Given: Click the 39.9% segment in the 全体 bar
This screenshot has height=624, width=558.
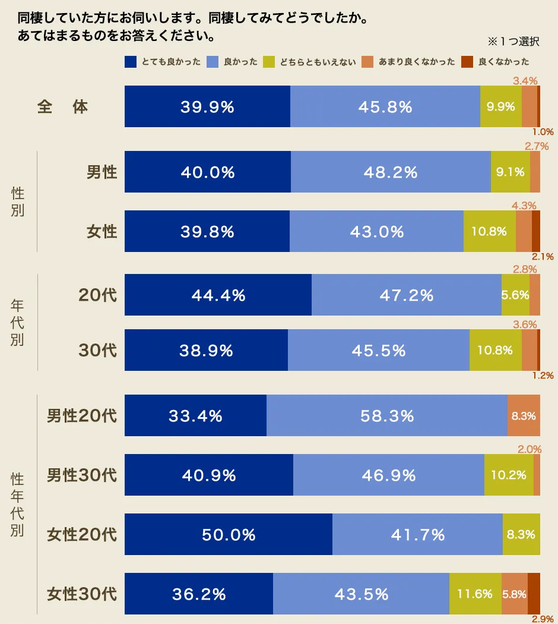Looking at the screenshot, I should [207, 107].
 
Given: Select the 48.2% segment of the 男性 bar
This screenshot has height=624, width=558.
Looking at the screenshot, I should [391, 172].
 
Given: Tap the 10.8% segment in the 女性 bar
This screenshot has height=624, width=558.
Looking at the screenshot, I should [489, 231].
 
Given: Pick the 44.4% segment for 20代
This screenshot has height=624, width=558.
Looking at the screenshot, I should [218, 295].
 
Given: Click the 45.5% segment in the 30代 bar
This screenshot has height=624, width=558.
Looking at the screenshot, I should [378, 350].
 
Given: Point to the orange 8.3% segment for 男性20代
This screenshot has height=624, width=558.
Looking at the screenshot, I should [524, 415].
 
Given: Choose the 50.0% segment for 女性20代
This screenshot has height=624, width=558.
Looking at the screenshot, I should [229, 534].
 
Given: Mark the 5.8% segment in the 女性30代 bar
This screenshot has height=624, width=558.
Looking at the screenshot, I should [514, 594].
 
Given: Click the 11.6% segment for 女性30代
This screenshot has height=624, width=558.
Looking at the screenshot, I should [475, 594].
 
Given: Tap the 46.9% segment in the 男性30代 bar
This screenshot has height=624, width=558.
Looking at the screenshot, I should [388, 475].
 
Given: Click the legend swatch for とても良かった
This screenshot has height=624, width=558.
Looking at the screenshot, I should [131, 62].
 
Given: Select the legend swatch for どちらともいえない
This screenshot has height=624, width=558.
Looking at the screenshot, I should [268, 62].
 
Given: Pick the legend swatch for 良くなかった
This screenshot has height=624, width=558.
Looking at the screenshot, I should [467, 62].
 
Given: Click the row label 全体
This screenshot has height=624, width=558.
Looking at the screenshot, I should [63, 107].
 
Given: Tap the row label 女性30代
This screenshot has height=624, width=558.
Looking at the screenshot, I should [82, 594].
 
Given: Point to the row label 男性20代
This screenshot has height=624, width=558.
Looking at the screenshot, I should [82, 415].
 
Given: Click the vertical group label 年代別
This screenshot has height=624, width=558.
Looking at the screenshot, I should [17, 322].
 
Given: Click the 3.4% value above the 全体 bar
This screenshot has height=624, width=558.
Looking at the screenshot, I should [525, 80].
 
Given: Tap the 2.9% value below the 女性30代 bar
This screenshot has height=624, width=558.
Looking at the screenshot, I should [542, 619].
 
